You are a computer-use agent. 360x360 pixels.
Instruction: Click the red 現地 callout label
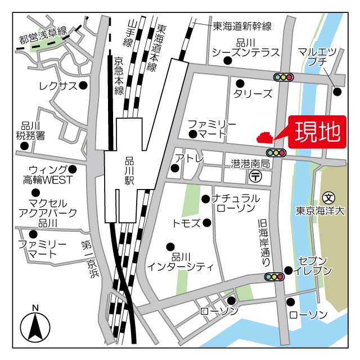coord(318,132)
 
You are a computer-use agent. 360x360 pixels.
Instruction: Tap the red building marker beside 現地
coord(264,137)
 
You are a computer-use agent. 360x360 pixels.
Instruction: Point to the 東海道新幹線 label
coord(242,26)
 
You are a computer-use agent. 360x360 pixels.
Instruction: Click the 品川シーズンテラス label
coord(246,48)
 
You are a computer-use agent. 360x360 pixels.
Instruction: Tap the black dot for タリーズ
coord(240,82)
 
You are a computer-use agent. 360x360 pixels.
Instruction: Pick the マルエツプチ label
coord(318,57)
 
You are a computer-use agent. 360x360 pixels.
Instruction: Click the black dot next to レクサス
coord(83,85)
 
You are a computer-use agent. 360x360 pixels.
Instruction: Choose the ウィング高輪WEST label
coord(48,175)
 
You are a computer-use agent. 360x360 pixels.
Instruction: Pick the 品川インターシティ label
coord(180,260)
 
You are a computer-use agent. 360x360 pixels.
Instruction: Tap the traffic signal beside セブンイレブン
coord(274,276)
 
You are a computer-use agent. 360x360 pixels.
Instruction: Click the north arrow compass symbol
coord(35,326)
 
